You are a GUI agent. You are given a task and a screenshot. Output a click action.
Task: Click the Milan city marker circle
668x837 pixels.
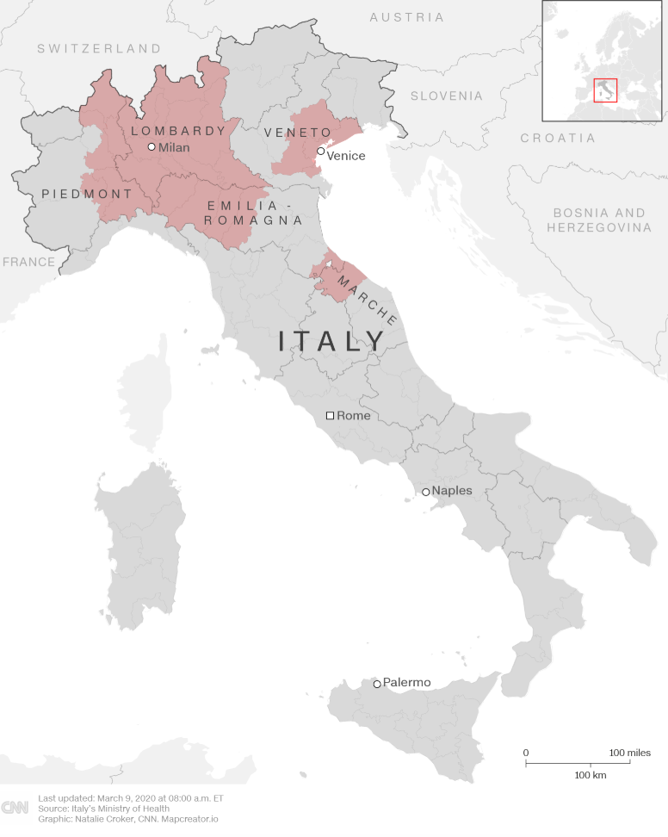coord(152,147)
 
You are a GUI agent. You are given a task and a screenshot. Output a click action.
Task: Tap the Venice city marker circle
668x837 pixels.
coord(320,152)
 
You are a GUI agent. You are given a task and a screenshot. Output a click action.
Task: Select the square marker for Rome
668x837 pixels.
coord(330,415)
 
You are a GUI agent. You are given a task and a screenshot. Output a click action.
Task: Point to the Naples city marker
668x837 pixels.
coord(425,493)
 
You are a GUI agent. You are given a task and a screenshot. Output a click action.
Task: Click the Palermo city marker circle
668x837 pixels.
coord(377,685)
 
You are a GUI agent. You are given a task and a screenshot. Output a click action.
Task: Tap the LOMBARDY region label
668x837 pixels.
coord(178,132)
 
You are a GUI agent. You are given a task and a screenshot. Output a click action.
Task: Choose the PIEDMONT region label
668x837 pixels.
coord(87,195)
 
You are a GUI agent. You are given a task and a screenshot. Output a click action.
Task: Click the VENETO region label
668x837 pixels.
coord(297,133)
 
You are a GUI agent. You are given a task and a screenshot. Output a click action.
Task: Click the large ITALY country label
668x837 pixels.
coord(332,342)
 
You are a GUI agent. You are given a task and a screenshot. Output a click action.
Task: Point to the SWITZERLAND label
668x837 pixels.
coord(99,49)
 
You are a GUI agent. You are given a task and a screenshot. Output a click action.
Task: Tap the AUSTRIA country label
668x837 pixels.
coord(406,17)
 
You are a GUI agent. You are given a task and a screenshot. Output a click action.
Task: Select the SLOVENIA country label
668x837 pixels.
coord(446,96)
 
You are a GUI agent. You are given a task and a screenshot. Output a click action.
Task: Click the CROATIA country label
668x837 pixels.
coord(558,138)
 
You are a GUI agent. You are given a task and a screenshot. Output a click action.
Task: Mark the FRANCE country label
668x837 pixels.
coord(28,262)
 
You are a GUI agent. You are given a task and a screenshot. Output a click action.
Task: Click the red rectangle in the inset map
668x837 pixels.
coord(606,90)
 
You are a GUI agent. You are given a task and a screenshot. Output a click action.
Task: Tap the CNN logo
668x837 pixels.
coord(15,808)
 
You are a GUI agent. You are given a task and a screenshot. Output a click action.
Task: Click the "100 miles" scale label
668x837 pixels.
coord(630,753)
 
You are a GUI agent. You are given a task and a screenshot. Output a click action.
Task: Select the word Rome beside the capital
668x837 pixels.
coord(353,416)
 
